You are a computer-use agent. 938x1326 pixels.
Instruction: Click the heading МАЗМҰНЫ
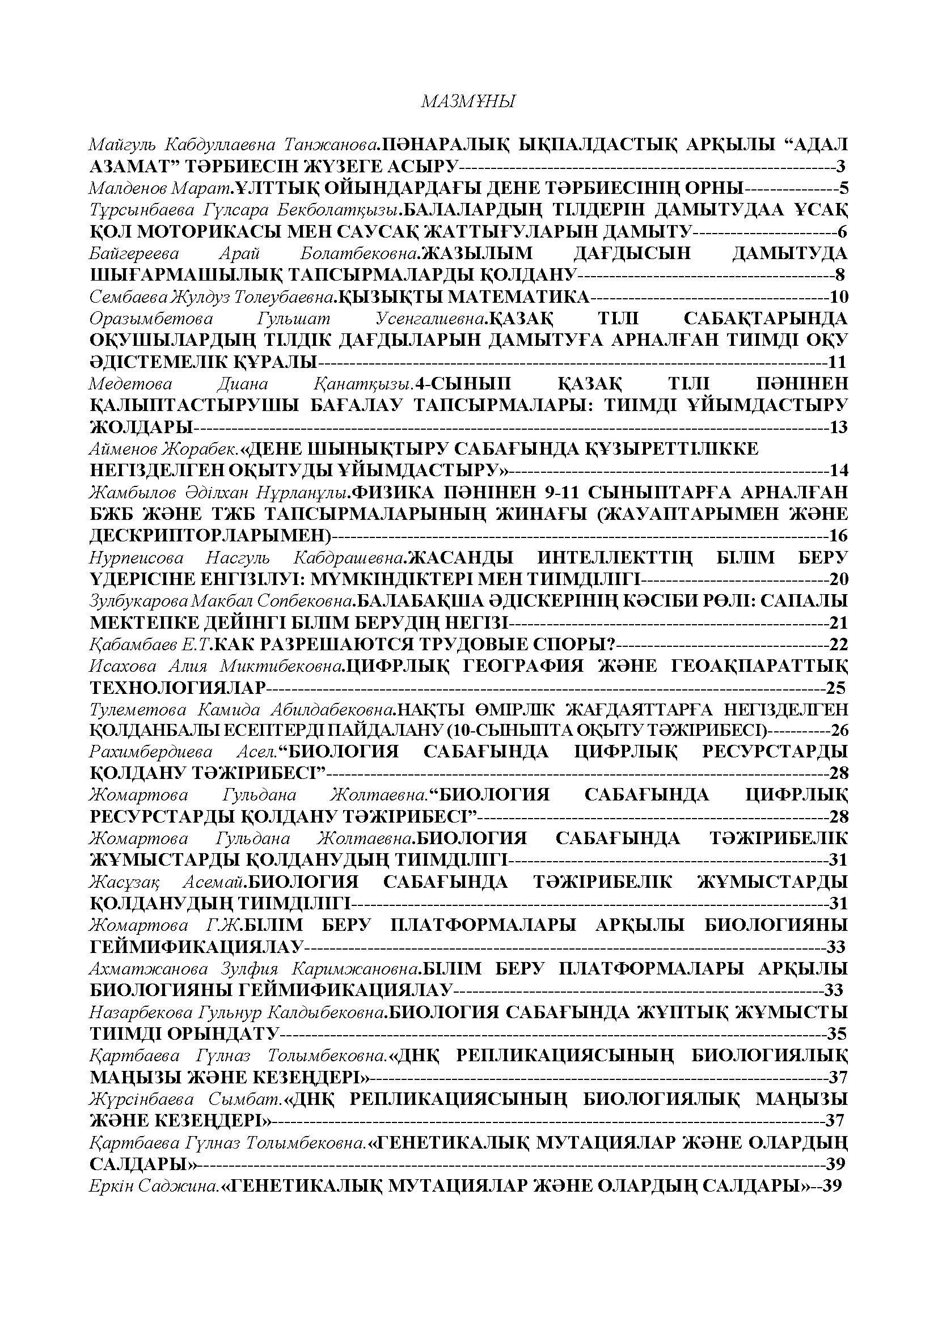pyautogui.click(x=468, y=102)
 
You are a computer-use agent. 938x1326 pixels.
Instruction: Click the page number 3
pyautogui.click(x=840, y=166)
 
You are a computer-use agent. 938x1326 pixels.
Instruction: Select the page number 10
pyautogui.click(x=838, y=297)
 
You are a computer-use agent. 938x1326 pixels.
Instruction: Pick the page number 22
pyautogui.click(x=838, y=644)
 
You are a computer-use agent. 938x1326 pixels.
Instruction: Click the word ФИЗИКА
pyautogui.click(x=385, y=492)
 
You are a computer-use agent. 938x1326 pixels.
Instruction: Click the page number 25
pyautogui.click(x=836, y=688)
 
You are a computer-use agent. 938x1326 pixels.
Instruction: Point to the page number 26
pyautogui.click(x=839, y=731)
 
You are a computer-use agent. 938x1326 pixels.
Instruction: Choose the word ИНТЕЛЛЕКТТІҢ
pyautogui.click(x=615, y=557)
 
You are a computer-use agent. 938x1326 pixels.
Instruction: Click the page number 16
pyautogui.click(x=838, y=535)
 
